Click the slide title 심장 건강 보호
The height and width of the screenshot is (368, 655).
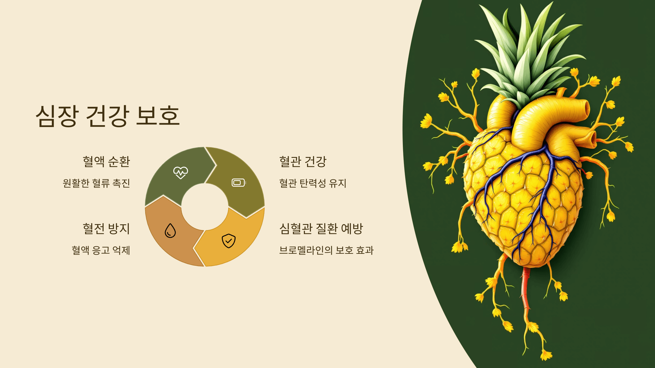pyautogui.click(x=108, y=116)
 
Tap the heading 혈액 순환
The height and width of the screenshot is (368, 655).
pyautogui.click(x=106, y=161)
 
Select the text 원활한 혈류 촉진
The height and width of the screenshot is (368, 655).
pyautogui.click(x=96, y=183)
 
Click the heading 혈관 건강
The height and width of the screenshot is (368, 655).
pyautogui.click(x=303, y=161)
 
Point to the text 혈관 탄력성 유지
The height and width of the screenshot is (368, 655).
pyautogui.click(x=312, y=183)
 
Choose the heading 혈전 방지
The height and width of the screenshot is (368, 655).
pyautogui.click(x=106, y=228)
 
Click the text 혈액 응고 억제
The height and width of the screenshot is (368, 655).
pyautogui.click(x=101, y=250)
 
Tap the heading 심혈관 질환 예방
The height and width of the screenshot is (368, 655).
pyautogui.click(x=321, y=228)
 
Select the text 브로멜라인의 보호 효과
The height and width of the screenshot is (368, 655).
pyautogui.click(x=326, y=250)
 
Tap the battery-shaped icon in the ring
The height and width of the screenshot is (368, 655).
pyautogui.click(x=239, y=183)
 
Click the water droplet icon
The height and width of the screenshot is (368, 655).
pyautogui.click(x=170, y=231)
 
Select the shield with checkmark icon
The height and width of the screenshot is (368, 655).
pyautogui.click(x=228, y=241)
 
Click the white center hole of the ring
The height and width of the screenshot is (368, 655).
pyautogui.click(x=205, y=207)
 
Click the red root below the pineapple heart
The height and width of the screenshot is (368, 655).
pyautogui.click(x=525, y=289)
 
